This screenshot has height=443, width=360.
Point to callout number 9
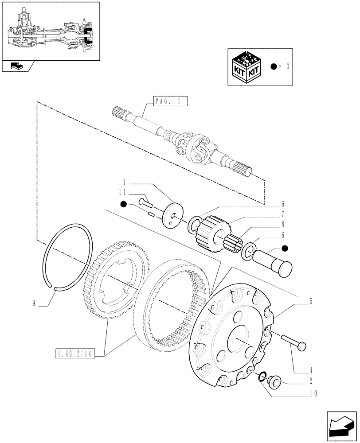[x=34, y=303]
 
